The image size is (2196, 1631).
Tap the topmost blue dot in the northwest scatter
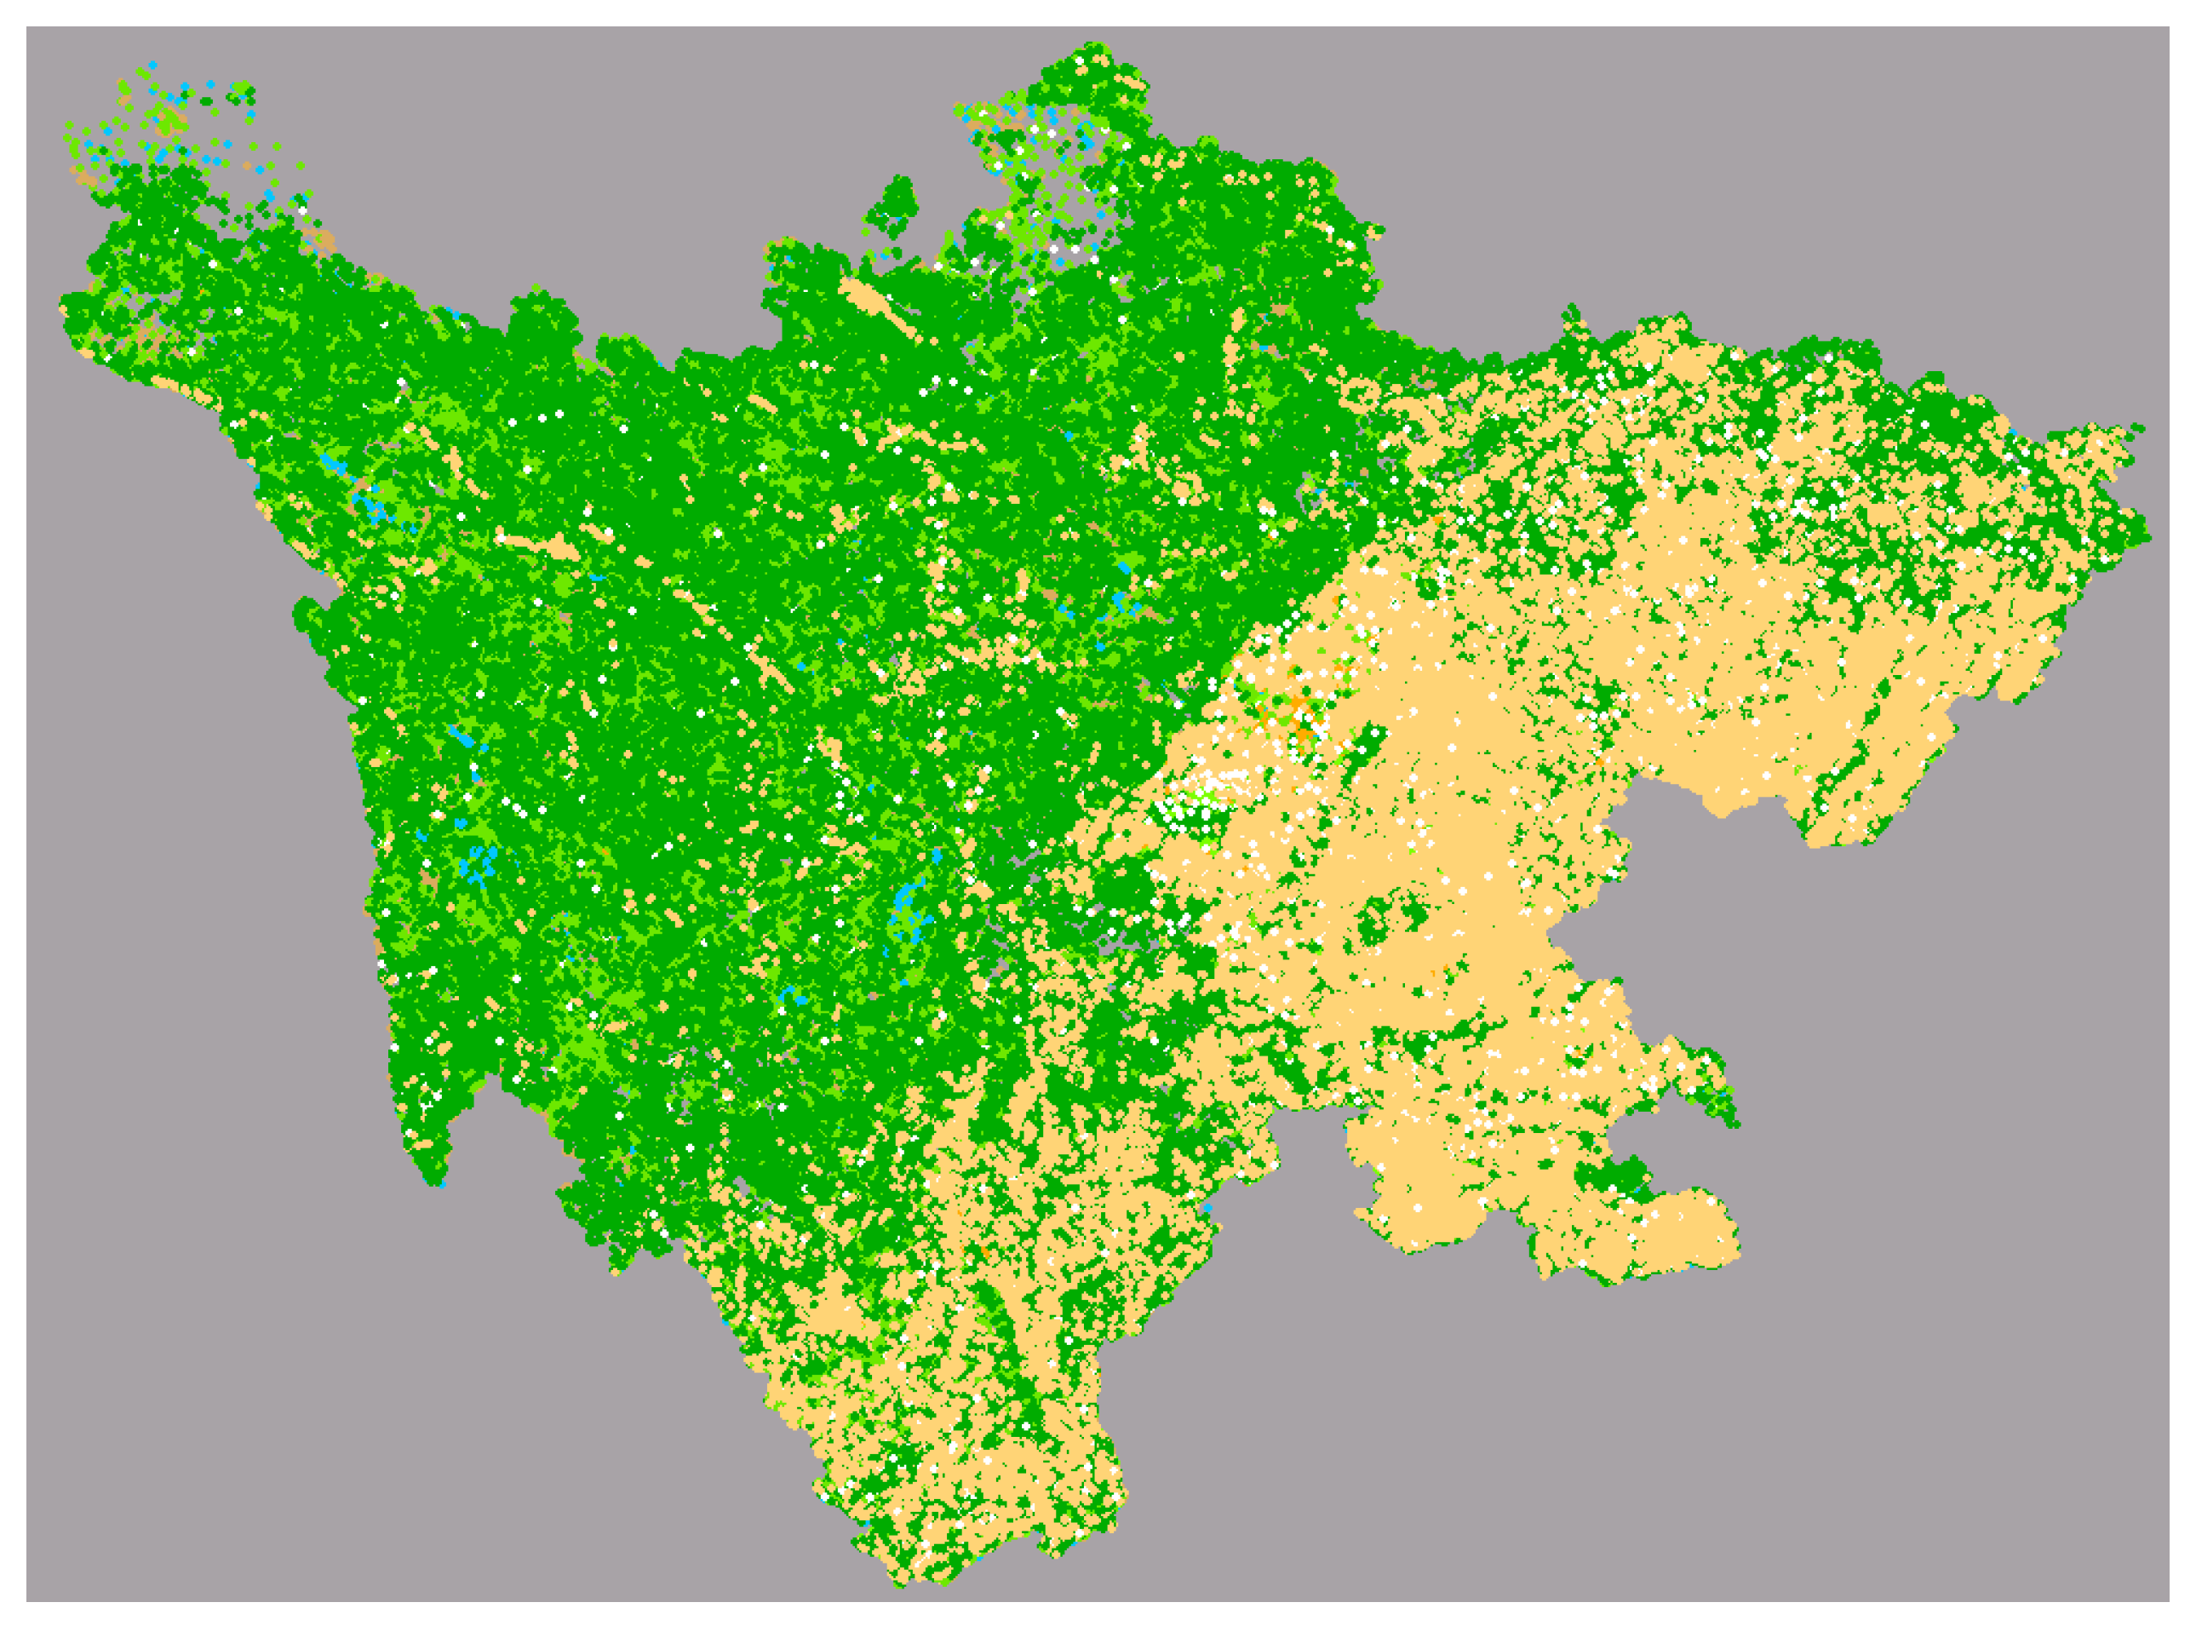pyautogui.click(x=152, y=64)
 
